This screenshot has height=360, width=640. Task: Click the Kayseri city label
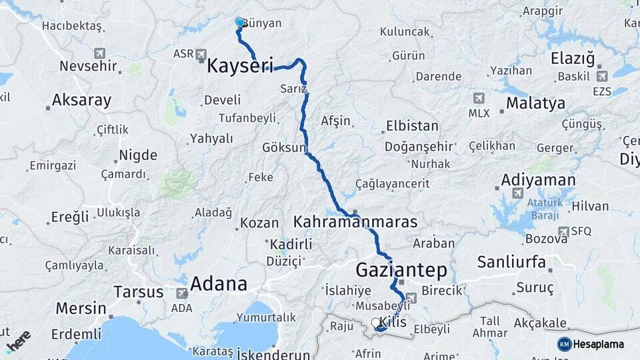[x=240, y=66]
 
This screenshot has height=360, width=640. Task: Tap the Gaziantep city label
[x=401, y=270]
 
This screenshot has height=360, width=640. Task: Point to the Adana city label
[x=219, y=284]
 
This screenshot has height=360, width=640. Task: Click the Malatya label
[x=535, y=103]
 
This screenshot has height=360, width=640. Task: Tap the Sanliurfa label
[x=511, y=261]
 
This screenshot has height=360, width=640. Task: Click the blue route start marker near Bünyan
[x=240, y=23]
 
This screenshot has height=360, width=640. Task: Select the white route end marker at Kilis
[x=375, y=323]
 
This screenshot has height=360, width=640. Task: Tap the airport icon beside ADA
[x=181, y=293]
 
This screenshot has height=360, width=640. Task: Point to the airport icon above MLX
[x=478, y=98]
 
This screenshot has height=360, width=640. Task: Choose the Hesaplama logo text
[x=598, y=344]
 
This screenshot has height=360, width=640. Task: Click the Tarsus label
[x=138, y=292]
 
